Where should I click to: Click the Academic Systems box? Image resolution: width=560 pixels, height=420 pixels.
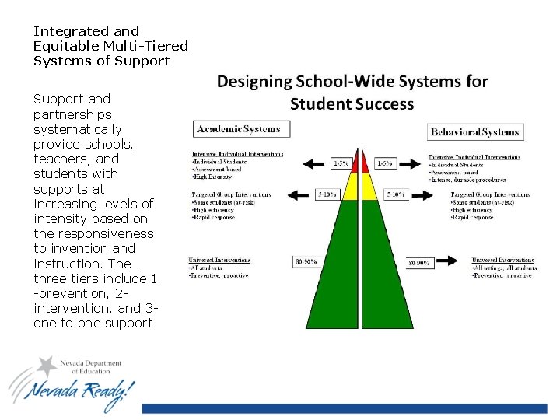click(241, 128)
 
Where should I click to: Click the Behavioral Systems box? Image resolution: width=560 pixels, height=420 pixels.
click(474, 132)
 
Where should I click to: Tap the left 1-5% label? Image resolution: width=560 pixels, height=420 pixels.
click(339, 164)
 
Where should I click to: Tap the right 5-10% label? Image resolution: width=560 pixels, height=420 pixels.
click(396, 195)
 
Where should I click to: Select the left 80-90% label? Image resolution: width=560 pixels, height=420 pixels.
click(305, 262)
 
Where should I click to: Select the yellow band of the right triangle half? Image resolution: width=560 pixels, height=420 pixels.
click(371, 187)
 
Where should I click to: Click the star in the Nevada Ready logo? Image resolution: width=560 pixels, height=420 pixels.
click(48, 366)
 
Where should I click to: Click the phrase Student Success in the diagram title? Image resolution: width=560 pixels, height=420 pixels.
click(352, 103)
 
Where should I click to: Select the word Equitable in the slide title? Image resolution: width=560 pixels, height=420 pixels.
click(67, 46)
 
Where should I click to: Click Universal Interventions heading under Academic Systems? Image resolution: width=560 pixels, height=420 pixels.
click(219, 260)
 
